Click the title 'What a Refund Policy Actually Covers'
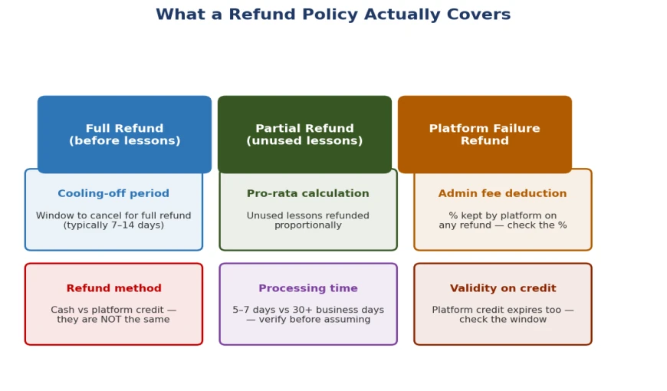[333, 15]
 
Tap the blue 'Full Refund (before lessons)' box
[125, 134]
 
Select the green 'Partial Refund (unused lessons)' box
[304, 134]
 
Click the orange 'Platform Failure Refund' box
[485, 134]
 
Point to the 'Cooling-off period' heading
[113, 194]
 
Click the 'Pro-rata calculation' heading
[308, 194]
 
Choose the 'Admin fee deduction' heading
[502, 194]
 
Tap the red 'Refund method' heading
[114, 288]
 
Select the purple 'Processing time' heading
[308, 288]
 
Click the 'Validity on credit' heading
[503, 288]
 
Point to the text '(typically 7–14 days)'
[113, 225]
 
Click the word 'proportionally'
[308, 225]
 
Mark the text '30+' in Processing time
[317, 310]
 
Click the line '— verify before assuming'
[308, 320]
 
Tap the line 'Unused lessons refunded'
[308, 215]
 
